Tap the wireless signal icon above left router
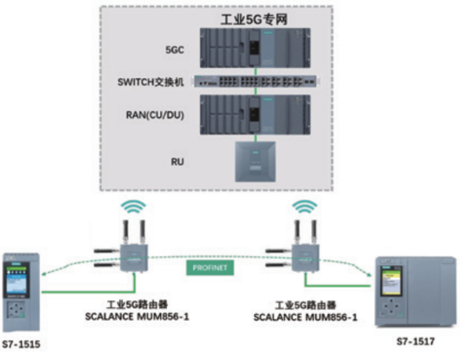tap(134, 207)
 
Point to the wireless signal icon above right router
tap(305, 207)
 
